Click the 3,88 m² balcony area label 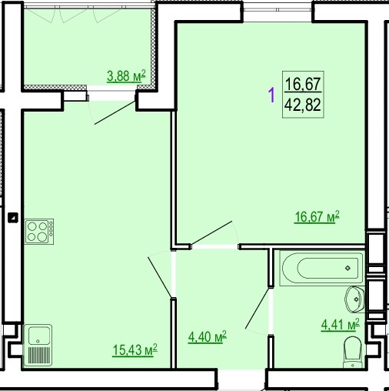pyautogui.click(x=126, y=76)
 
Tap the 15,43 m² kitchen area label pyautogui.click(x=135, y=349)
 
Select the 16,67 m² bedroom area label pyautogui.click(x=317, y=216)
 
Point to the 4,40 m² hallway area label pyautogui.click(x=208, y=336)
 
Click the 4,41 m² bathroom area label pyautogui.click(x=341, y=325)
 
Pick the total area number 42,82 pyautogui.click(x=303, y=105)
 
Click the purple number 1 pyautogui.click(x=271, y=95)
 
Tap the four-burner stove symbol pyautogui.click(x=39, y=232)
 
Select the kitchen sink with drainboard pyautogui.click(x=38, y=345)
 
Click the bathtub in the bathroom pyautogui.click(x=321, y=268)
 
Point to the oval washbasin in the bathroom pyautogui.click(x=355, y=299)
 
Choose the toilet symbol pyautogui.click(x=353, y=352)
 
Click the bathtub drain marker pyautogui.click(x=347, y=268)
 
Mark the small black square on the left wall pyautogui.click(x=13, y=218)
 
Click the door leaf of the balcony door pyautogui.click(x=115, y=113)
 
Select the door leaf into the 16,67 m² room pyautogui.click(x=211, y=232)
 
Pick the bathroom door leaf pyautogui.click(x=258, y=308)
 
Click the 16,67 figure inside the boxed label pyautogui.click(x=303, y=83)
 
